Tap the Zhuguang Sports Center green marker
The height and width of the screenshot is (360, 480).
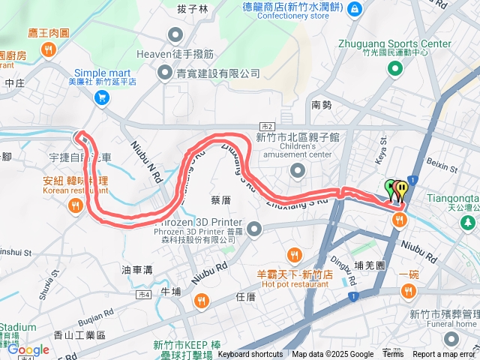pyautogui.click(x=395, y=69)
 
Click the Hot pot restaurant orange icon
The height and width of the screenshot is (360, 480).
pyautogui.click(x=294, y=255)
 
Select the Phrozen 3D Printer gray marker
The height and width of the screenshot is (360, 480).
pyautogui.click(x=254, y=228)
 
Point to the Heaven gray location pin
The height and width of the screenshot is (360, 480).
pyautogui.click(x=176, y=34)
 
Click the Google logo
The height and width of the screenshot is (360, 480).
pyautogui.click(x=28, y=349)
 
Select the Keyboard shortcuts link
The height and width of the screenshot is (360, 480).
pyautogui.click(x=250, y=355)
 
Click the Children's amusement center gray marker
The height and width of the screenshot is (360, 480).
pyautogui.click(x=298, y=172)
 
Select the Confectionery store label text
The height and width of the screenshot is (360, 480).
pyautogui.click(x=298, y=15)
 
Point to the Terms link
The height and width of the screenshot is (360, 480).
pyautogui.click(x=393, y=355)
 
